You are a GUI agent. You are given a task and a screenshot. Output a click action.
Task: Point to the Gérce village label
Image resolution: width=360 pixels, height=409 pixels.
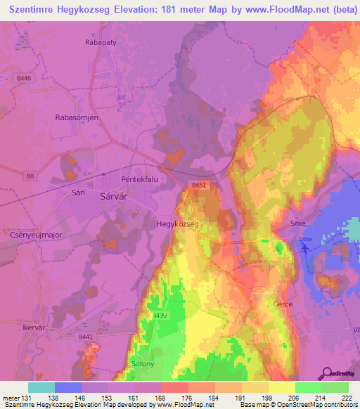tap(283, 304)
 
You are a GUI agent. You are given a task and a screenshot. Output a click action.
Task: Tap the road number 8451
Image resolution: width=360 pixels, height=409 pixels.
tap(199, 185)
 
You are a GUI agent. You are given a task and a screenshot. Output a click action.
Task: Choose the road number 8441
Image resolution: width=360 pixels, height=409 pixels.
tap(85, 337)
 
